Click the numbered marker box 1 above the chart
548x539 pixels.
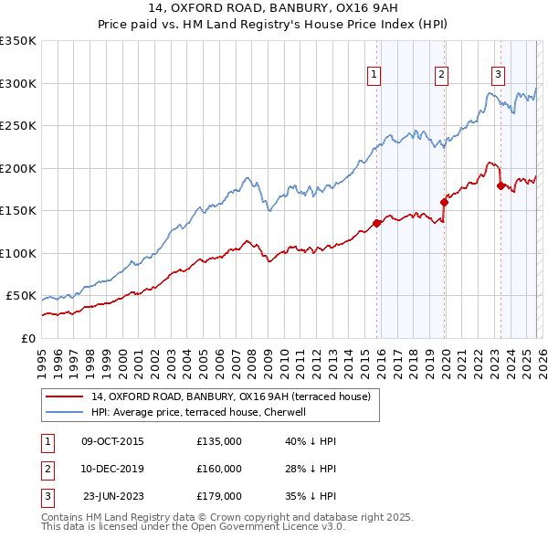375,76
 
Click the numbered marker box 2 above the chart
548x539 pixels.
442,76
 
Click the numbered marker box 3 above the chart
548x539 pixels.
499,76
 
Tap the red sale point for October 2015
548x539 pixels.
376,223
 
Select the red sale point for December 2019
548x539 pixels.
444,202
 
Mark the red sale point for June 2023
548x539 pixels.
501,185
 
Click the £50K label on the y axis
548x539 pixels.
21,296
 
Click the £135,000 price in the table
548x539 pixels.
219,441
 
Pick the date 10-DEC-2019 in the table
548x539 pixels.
112,469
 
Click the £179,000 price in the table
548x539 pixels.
219,496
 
